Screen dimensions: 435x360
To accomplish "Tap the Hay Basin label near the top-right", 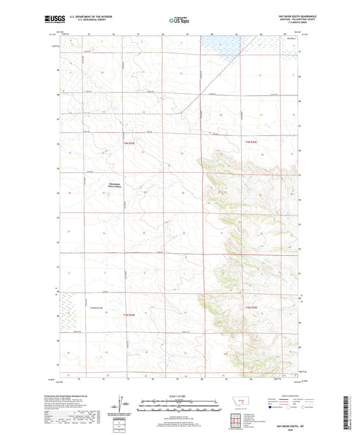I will tap(292, 39).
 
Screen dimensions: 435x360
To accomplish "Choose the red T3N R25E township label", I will tap(252, 308).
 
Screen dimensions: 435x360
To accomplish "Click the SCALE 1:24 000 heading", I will tap(180, 396).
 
